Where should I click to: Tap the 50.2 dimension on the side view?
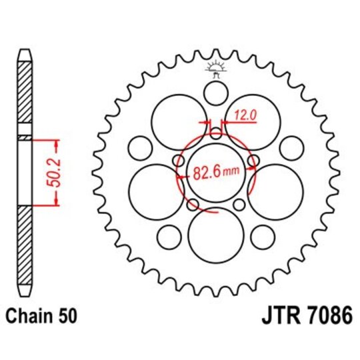point(58,172)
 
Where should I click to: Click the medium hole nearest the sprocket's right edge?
point(291,146)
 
